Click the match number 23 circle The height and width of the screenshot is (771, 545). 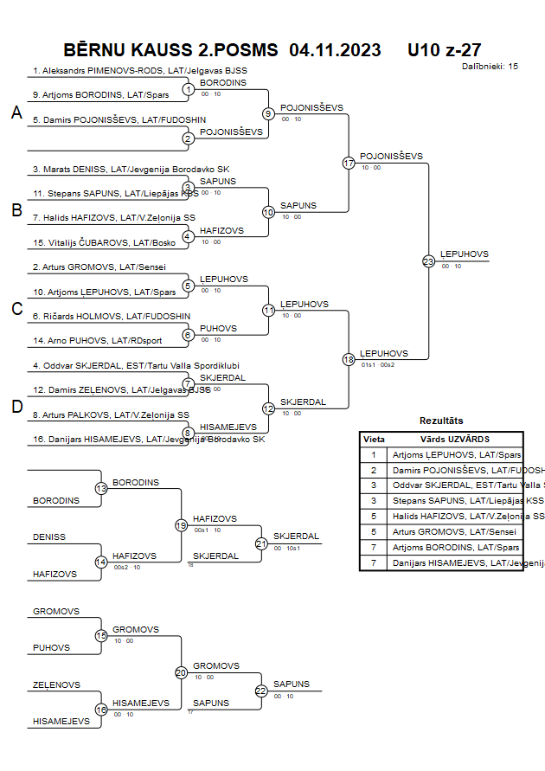[428, 260]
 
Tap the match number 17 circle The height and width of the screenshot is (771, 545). [349, 163]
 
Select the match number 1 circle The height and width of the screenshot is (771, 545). [188, 89]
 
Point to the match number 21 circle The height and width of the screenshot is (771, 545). [261, 543]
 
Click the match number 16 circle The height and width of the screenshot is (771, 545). [101, 710]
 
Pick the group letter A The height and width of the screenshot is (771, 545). [16, 112]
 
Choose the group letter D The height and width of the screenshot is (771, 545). [16, 407]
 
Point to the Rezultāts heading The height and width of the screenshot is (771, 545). [441, 421]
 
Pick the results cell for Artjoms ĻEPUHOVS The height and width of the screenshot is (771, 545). [457, 454]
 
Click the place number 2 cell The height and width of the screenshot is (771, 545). [374, 470]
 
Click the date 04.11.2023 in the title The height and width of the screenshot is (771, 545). [335, 50]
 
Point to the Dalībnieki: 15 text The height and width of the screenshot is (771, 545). [490, 66]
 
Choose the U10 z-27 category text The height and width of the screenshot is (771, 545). [445, 50]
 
